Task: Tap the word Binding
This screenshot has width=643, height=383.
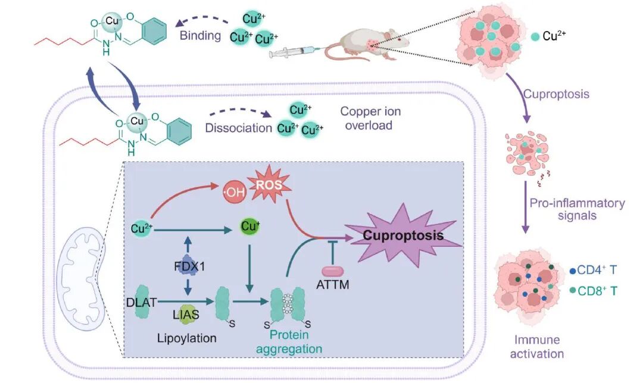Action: click(x=200, y=36)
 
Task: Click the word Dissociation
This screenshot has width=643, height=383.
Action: click(x=233, y=127)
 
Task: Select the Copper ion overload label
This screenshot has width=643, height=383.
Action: click(x=370, y=119)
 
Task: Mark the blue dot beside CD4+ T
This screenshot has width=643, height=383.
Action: click(x=572, y=269)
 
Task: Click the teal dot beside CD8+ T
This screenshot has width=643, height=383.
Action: click(x=572, y=290)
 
